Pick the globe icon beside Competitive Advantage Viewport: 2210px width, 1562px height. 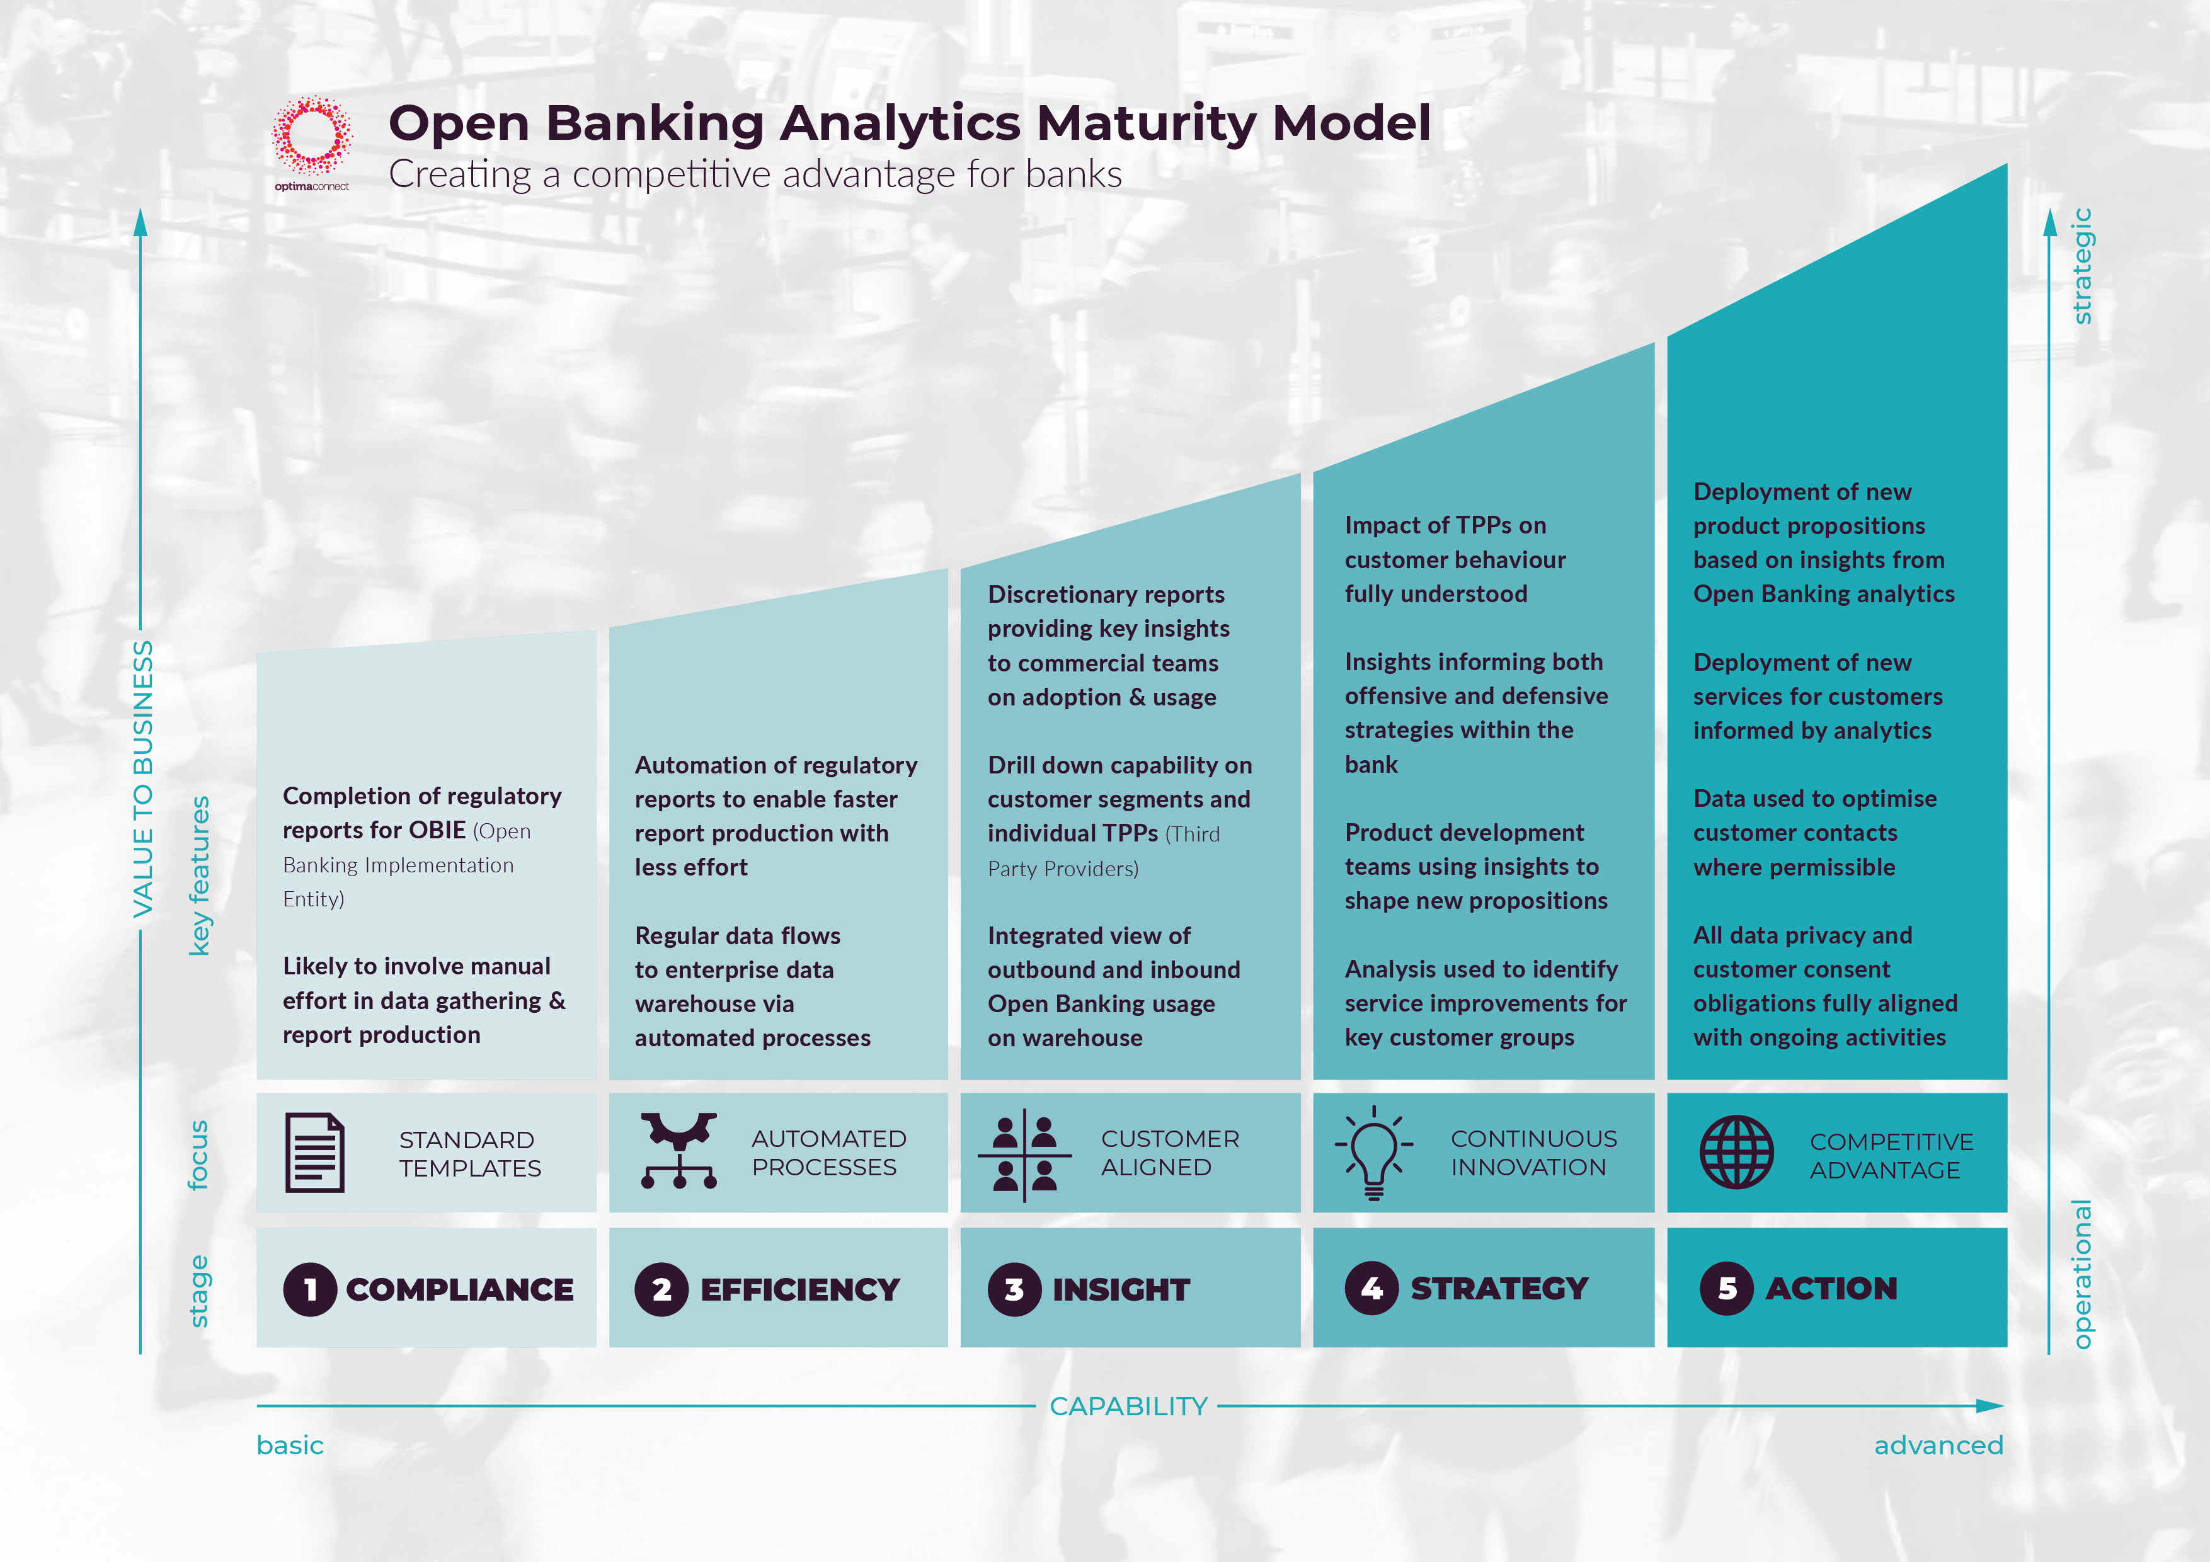(x=1736, y=1152)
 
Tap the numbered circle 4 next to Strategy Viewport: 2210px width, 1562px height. (x=1371, y=1288)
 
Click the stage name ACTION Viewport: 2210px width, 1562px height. (x=1831, y=1288)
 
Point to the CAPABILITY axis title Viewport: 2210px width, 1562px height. (x=1128, y=1406)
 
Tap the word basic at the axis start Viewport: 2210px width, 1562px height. (x=290, y=1445)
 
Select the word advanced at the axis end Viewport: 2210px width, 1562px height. (x=1938, y=1445)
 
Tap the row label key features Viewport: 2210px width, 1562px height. (x=199, y=876)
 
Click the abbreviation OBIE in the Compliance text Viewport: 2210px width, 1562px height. (x=437, y=829)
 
